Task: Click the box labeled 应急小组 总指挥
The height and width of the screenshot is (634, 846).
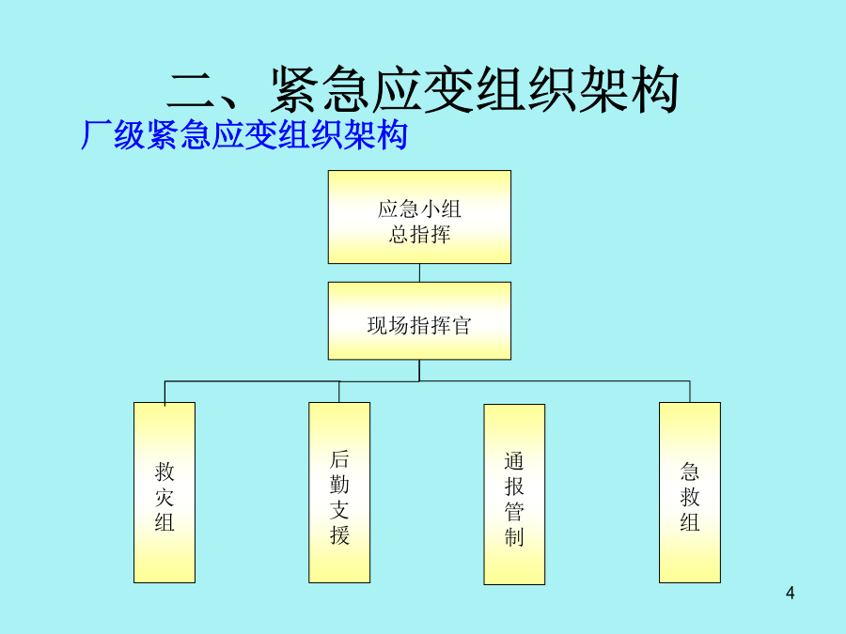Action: click(x=419, y=217)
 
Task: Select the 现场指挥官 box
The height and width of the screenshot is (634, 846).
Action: click(x=419, y=321)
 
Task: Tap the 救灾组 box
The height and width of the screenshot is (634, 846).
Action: click(x=164, y=492)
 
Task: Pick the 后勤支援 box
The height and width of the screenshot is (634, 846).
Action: click(x=339, y=492)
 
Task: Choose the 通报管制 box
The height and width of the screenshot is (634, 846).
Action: click(x=514, y=494)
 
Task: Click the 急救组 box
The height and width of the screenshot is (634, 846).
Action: click(x=690, y=492)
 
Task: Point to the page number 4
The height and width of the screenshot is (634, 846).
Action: click(x=790, y=593)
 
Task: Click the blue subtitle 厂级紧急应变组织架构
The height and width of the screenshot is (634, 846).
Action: click(x=244, y=134)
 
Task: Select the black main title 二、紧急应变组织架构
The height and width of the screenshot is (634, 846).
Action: click(x=424, y=89)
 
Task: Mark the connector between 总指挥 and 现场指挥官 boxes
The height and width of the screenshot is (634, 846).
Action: click(x=419, y=272)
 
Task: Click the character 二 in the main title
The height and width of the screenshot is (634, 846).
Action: click(x=193, y=90)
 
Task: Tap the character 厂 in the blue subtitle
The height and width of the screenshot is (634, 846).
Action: click(x=96, y=134)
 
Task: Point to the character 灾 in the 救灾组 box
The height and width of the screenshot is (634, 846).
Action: click(x=164, y=497)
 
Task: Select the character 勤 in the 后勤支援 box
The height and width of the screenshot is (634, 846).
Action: click(x=339, y=485)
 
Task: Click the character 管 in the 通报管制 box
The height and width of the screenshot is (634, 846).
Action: click(x=514, y=512)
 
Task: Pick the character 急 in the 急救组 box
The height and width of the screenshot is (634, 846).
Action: click(x=690, y=472)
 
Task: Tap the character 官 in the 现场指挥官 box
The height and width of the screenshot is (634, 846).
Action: click(x=462, y=325)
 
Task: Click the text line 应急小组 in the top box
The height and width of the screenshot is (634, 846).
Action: click(x=419, y=209)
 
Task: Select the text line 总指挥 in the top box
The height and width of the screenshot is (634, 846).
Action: click(x=419, y=235)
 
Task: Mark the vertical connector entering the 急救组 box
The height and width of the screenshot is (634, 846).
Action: click(x=690, y=392)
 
